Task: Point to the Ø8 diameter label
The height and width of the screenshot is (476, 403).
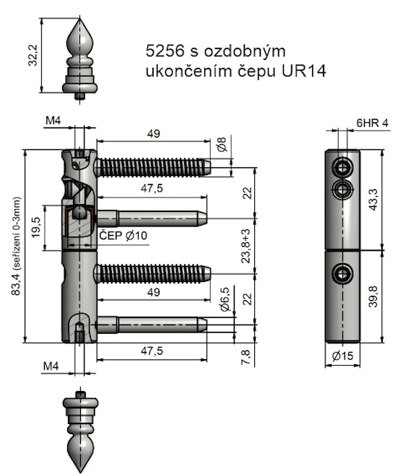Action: [x=222, y=145]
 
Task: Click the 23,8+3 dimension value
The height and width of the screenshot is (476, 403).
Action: [x=247, y=245]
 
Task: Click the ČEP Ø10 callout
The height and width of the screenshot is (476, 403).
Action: [x=122, y=236]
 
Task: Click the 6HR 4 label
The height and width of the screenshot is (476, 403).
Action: [x=372, y=123]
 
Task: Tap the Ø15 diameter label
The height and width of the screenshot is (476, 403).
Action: [x=342, y=356]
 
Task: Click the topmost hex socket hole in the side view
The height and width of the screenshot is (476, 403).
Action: [x=342, y=168]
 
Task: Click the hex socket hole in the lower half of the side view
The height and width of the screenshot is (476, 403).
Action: [x=342, y=273]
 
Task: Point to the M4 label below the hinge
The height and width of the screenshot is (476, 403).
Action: [x=51, y=366]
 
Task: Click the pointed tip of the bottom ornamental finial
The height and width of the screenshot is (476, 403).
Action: [x=80, y=468]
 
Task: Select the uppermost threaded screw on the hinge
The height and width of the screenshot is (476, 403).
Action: [x=153, y=167]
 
